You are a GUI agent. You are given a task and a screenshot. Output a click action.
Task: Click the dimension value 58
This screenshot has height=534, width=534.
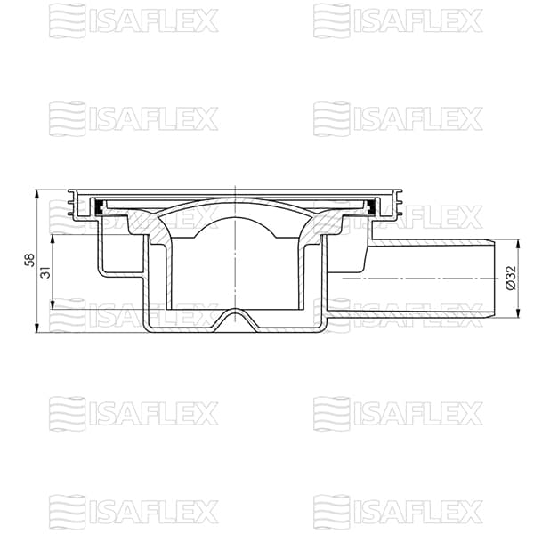coord(29,261)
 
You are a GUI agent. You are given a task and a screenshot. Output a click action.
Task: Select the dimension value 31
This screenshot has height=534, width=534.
coord(44,272)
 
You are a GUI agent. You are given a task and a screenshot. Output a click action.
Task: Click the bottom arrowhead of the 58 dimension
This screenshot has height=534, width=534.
coord(36,329)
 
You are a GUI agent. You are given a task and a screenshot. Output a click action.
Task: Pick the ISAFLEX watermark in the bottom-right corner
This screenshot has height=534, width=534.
coord(398,512)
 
